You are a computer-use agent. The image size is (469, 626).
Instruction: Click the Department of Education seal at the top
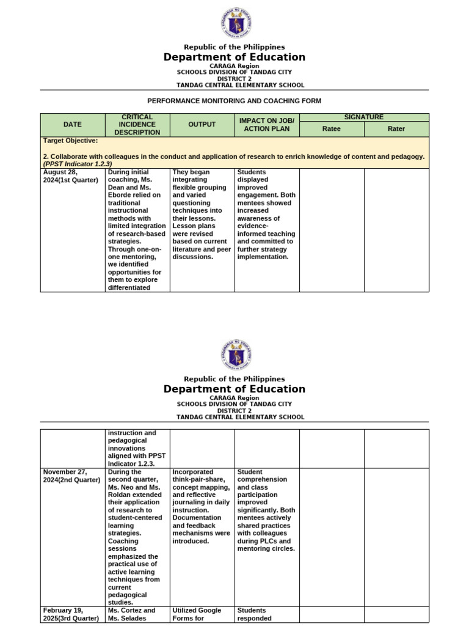click(235, 23)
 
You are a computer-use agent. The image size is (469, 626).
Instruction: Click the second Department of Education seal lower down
click(235, 355)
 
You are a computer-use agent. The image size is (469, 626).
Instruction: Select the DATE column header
click(73, 125)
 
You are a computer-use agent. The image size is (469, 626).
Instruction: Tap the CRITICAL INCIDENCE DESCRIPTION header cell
click(137, 125)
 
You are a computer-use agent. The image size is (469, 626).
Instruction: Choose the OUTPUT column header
click(202, 125)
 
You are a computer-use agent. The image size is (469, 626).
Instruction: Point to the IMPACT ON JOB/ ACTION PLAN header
click(267, 125)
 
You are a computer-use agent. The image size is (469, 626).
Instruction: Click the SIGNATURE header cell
click(364, 117)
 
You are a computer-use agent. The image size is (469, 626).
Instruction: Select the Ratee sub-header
click(332, 129)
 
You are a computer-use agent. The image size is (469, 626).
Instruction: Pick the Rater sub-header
click(396, 129)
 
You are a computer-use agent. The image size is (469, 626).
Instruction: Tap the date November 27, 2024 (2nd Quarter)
click(71, 476)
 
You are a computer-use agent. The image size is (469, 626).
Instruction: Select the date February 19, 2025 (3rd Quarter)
click(71, 614)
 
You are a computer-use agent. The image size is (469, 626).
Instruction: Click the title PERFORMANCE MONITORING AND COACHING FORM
click(234, 101)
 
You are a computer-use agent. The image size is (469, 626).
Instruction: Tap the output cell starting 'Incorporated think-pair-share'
click(202, 506)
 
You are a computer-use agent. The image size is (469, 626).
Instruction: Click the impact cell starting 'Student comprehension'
click(266, 510)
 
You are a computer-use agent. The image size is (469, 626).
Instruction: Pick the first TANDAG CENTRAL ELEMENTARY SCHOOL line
click(240, 86)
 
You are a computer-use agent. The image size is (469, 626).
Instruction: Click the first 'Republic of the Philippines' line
click(234, 47)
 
